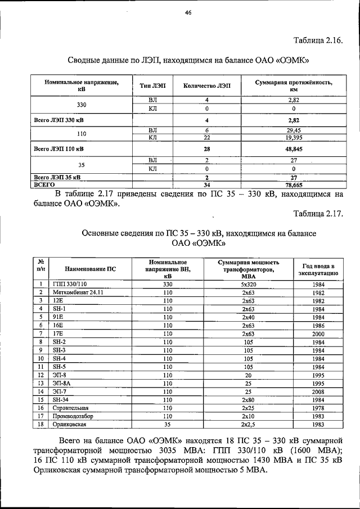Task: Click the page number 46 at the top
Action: tap(188, 15)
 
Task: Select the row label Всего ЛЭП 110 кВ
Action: tap(59, 148)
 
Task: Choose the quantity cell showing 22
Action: tap(207, 137)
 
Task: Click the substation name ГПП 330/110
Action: tap(70, 285)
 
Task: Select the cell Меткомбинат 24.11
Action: tap(78, 293)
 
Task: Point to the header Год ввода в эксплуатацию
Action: tap(318, 269)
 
